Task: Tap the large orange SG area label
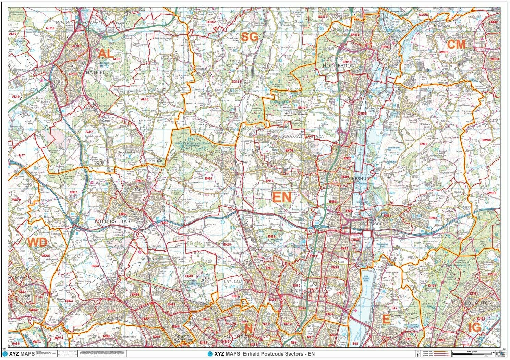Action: pyautogui.click(x=249, y=37)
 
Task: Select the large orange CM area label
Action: pyautogui.click(x=456, y=45)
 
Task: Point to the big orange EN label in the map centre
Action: pyautogui.click(x=281, y=197)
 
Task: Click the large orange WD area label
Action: pyautogui.click(x=37, y=242)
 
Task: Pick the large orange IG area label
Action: pyautogui.click(x=474, y=328)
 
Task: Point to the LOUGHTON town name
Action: pyautogui.click(x=478, y=303)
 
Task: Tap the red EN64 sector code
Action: pyautogui.click(x=208, y=179)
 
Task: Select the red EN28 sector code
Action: pyautogui.click(x=227, y=245)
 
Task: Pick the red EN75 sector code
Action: pyautogui.click(x=269, y=181)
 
